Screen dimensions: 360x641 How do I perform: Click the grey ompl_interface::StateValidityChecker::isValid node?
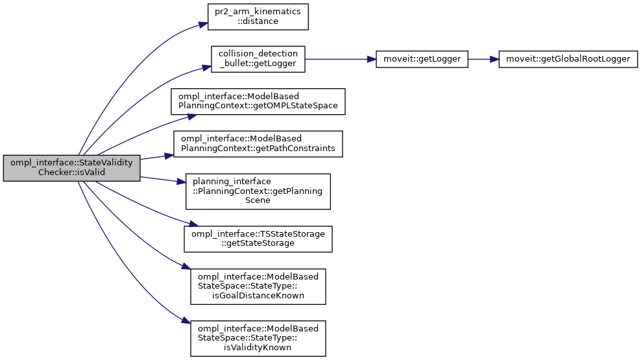click(72, 168)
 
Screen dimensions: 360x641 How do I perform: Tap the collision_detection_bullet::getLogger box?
click(258, 58)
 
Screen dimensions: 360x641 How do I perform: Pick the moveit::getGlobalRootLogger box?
click(568, 58)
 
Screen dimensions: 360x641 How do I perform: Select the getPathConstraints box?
click(258, 143)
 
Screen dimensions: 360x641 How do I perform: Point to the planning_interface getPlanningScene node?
click(258, 191)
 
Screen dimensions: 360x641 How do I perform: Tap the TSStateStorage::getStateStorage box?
click(258, 238)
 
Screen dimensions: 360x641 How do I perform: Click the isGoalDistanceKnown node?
click(258, 286)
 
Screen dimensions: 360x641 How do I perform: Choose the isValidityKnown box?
click(258, 338)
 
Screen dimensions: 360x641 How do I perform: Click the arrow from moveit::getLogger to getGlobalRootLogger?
click(483, 58)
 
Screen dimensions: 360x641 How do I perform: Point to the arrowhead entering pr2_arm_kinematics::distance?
click(202, 25)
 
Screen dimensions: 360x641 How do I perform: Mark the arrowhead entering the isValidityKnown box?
click(186, 322)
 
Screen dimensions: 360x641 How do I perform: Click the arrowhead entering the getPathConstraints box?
click(170, 155)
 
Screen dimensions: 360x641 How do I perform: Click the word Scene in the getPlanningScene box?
click(258, 200)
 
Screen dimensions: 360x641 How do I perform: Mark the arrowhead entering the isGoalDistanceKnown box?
click(187, 270)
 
